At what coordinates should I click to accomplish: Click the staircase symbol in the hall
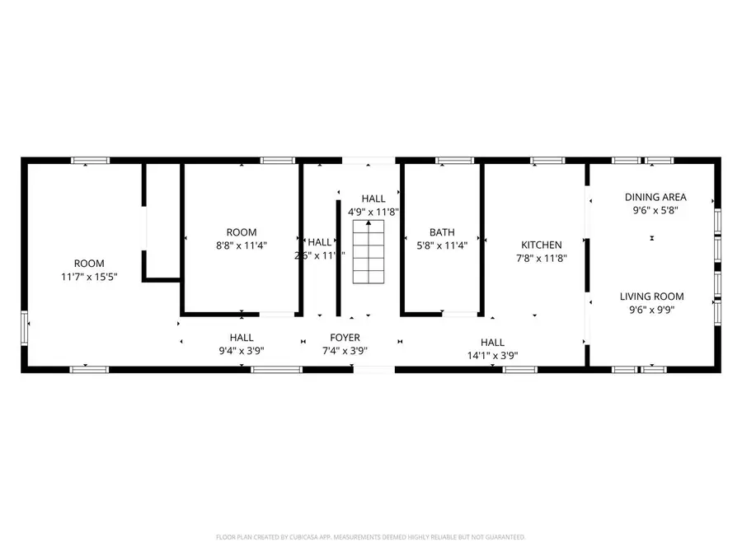point(369,256)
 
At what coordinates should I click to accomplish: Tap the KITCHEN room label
point(541,245)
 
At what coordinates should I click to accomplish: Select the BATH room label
point(442,232)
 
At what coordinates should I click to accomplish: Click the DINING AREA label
point(655,197)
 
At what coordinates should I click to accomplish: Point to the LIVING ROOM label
point(652,297)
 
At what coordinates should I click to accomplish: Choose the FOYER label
point(345,338)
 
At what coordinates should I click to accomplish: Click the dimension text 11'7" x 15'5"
point(89,277)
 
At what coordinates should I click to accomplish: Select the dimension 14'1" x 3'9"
point(492,356)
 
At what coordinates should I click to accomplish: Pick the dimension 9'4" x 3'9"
point(242,350)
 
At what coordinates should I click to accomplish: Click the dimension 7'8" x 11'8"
point(541,258)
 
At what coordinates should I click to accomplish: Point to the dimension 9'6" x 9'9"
point(652,310)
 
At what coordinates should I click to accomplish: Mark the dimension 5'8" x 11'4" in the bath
point(442,245)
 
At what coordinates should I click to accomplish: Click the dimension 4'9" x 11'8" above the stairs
point(373,212)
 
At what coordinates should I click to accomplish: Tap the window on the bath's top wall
point(448,161)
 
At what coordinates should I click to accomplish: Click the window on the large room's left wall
point(25,329)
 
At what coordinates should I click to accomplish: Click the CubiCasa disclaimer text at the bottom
point(370,537)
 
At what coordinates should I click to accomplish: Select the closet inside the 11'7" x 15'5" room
point(162,221)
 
